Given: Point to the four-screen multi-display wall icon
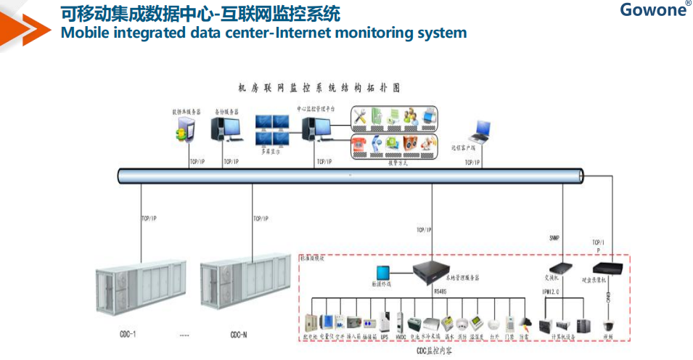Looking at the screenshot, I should point(273,131).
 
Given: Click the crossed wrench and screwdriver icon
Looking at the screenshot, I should point(361,115).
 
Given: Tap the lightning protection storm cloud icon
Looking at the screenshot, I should point(526,322).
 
